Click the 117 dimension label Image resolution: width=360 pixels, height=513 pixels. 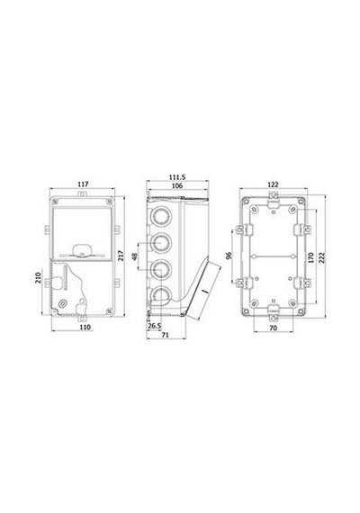click(x=83, y=184)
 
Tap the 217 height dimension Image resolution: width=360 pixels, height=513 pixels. click(x=121, y=256)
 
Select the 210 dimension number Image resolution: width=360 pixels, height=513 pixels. click(x=39, y=278)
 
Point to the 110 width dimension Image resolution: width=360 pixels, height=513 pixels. click(x=85, y=327)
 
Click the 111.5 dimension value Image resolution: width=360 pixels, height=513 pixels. click(x=177, y=177)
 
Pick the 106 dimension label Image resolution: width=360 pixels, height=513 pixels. click(x=177, y=185)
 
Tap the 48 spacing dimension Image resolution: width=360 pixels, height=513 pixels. click(x=134, y=256)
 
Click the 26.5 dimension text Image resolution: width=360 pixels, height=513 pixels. click(x=155, y=326)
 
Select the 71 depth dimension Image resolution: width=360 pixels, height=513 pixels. click(x=166, y=335)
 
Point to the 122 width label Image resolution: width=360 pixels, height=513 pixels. click(x=273, y=184)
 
